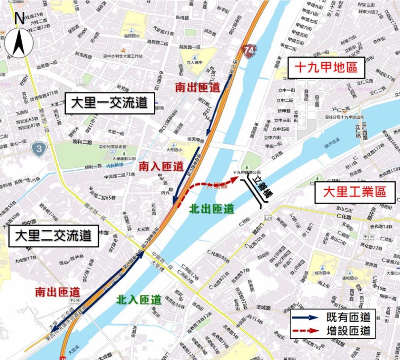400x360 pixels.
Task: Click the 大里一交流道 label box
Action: click(109, 103)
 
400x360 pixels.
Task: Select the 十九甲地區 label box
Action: click(326, 67)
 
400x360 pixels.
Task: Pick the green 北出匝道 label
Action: click(212, 209)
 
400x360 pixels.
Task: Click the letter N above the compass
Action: click(19, 18)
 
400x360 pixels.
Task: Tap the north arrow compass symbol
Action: click(20, 42)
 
